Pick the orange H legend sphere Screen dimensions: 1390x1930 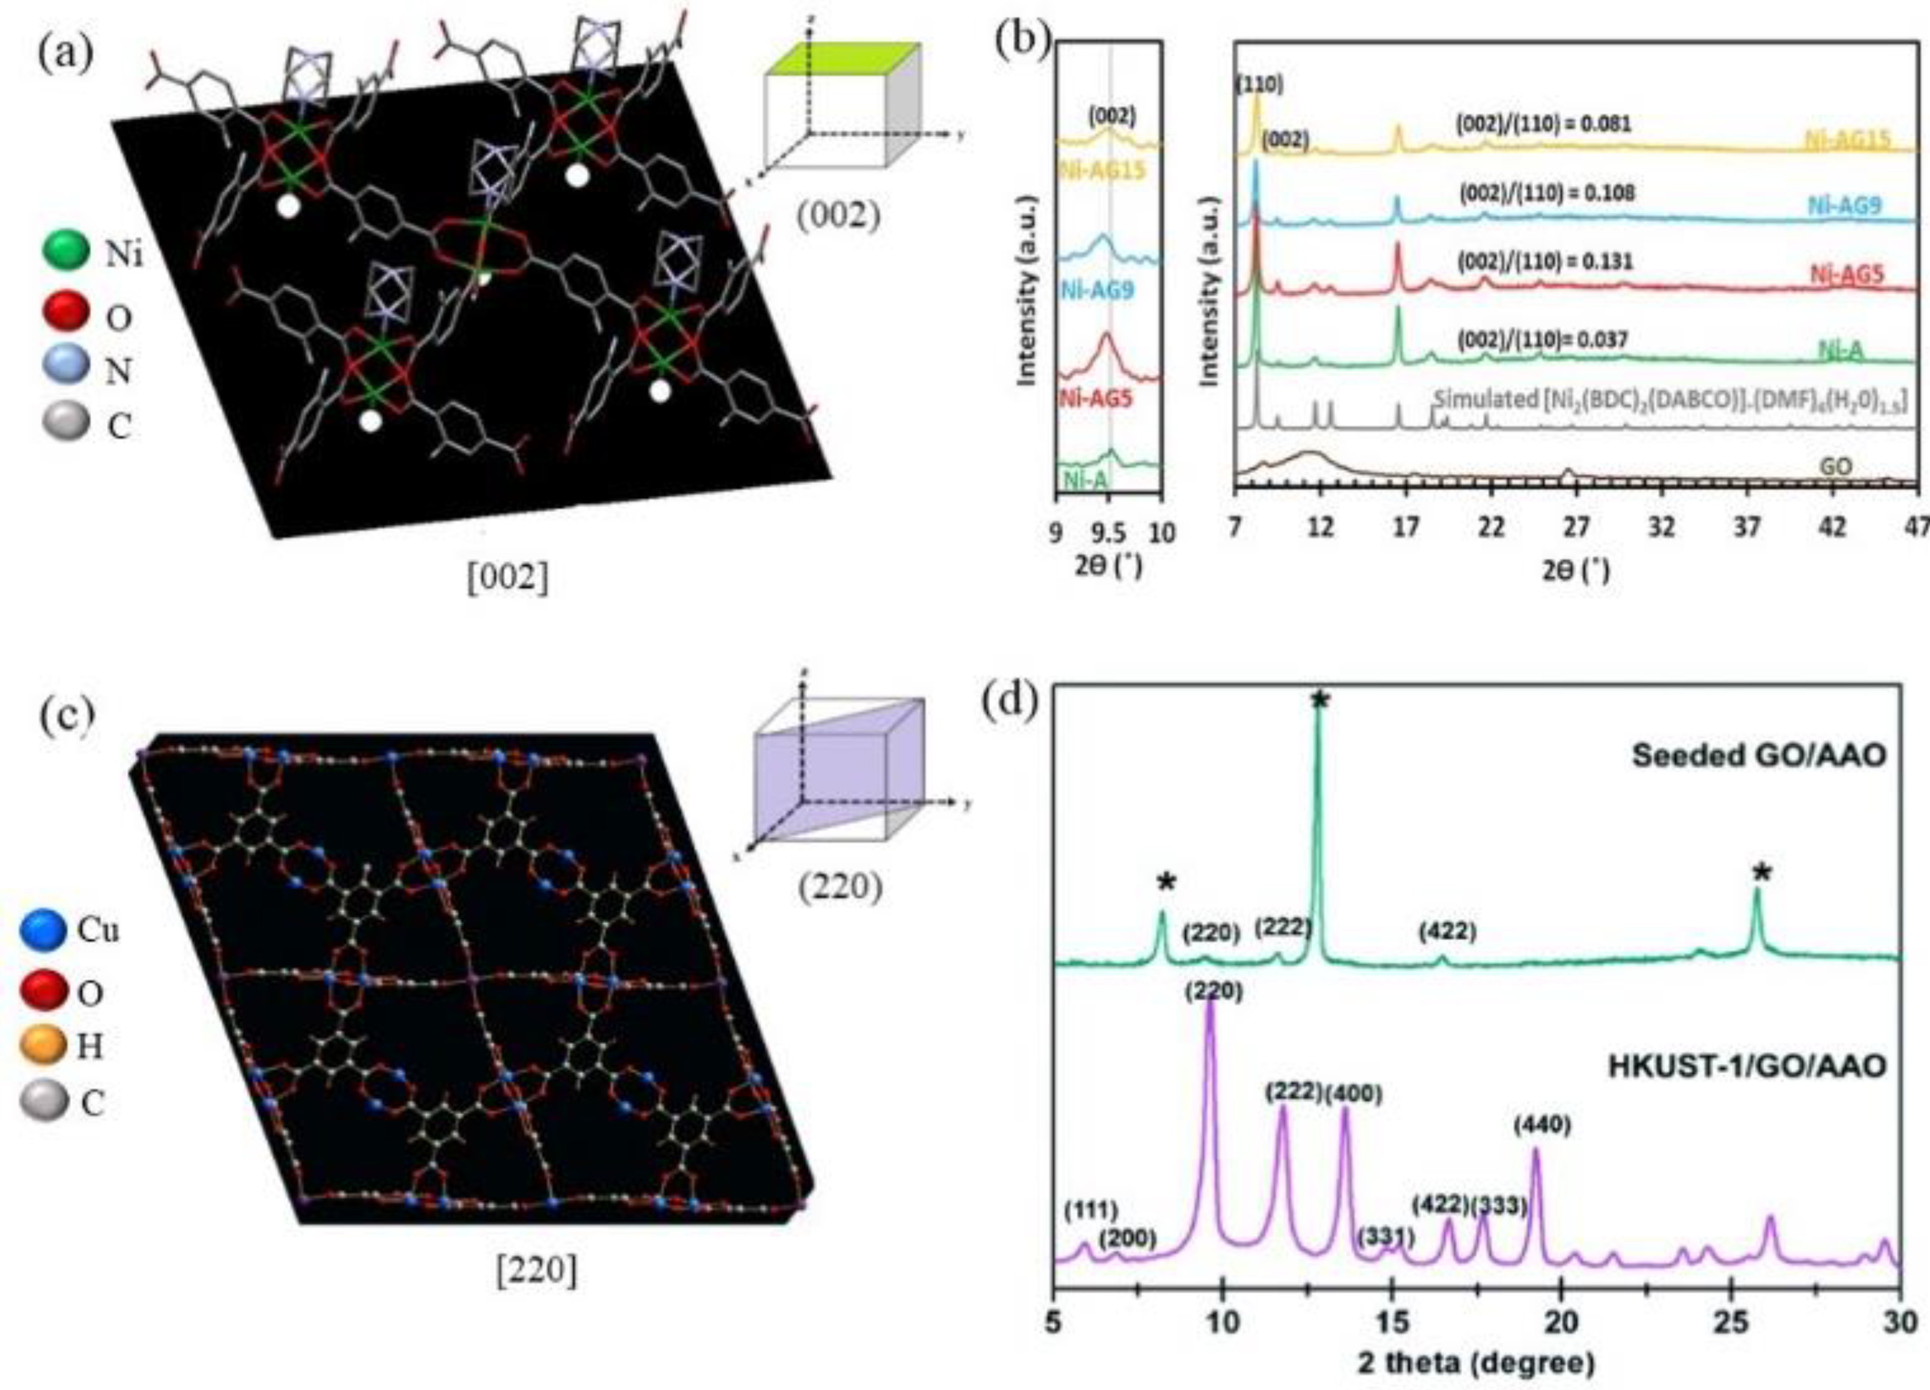43,1045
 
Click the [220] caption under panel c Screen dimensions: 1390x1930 536,1272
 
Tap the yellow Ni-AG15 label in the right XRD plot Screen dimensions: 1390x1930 1847,139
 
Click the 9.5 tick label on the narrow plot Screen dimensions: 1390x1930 1107,533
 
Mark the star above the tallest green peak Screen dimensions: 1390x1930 1320,700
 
